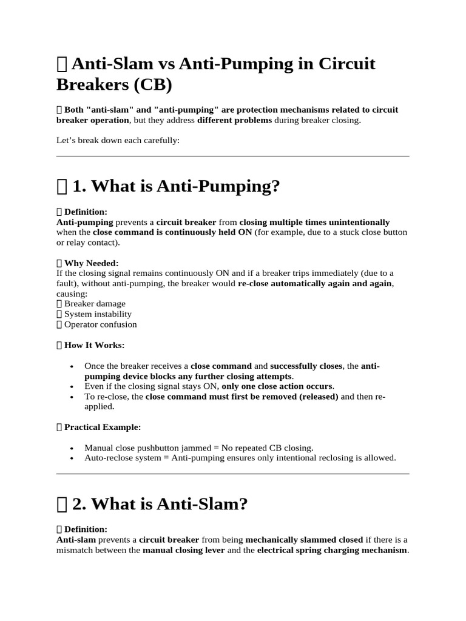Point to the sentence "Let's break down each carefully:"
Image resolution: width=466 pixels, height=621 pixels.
118,140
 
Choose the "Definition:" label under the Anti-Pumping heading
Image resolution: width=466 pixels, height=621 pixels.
86,212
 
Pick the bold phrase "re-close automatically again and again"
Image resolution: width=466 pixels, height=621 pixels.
316,284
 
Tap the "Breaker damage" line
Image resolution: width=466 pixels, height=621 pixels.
95,304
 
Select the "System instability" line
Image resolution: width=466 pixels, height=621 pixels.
98,314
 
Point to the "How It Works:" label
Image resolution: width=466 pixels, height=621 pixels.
94,345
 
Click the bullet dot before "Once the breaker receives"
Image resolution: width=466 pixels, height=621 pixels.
72,367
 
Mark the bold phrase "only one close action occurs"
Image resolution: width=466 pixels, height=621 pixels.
277,386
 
